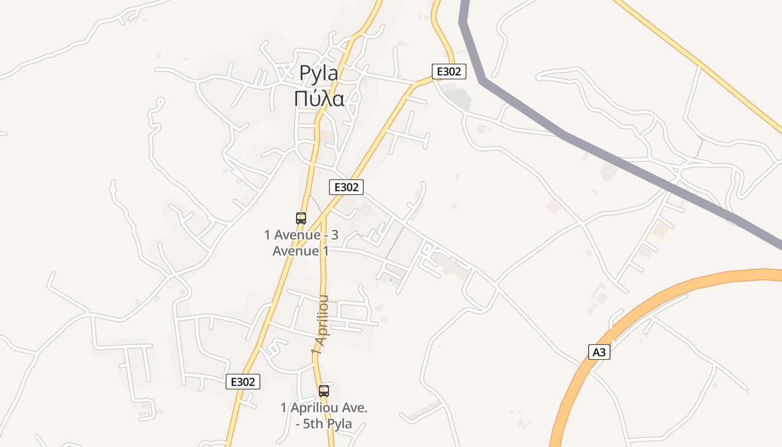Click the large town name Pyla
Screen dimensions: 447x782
pos(319,73)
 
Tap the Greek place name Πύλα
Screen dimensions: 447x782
pos(319,98)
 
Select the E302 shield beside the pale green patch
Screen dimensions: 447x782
pos(449,72)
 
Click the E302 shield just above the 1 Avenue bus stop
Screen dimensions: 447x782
pos(346,187)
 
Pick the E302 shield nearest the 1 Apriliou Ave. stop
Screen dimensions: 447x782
pos(243,382)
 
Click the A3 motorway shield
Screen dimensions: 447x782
pos(599,352)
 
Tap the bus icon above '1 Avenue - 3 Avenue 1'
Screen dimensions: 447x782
pos(301,218)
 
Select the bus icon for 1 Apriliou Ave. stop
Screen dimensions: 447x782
pos(324,391)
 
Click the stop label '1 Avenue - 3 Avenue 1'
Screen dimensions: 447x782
pos(301,242)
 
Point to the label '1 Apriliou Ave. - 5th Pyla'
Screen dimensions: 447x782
pos(324,416)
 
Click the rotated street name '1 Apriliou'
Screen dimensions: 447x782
pos(321,325)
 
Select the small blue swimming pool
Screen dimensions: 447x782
pos(390,279)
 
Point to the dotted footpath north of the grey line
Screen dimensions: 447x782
pos(698,148)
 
